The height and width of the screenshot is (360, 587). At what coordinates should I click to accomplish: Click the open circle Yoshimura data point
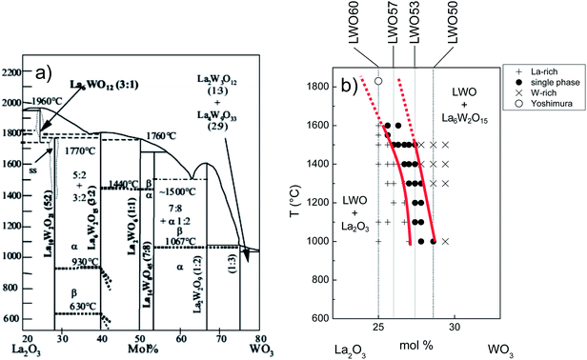(378, 82)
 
